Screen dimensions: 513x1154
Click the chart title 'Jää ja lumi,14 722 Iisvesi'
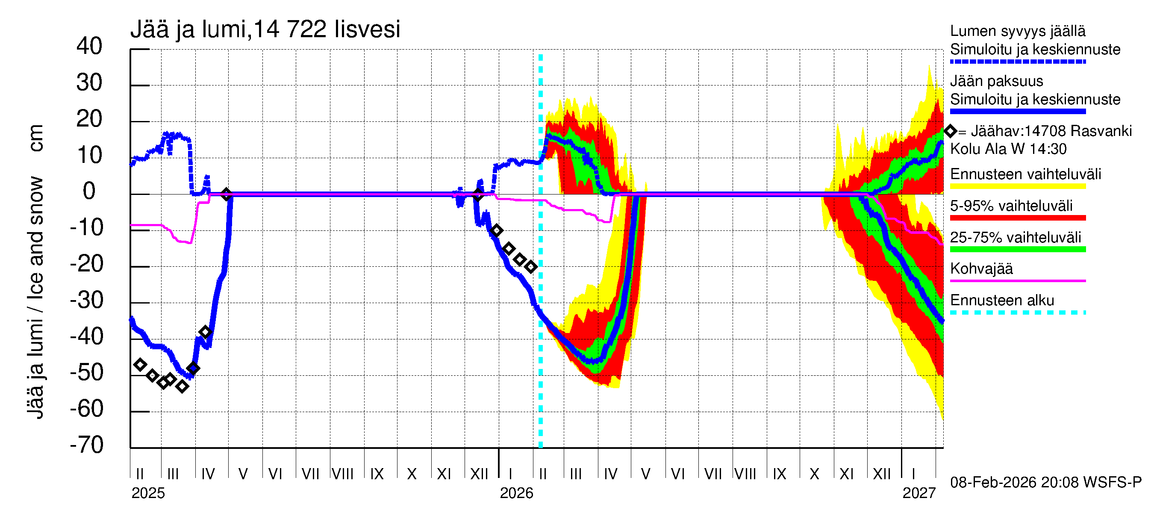pyautogui.click(x=265, y=29)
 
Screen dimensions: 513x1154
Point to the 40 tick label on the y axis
pyautogui.click(x=89, y=46)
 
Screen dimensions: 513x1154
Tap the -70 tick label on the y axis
pyautogui.click(x=86, y=445)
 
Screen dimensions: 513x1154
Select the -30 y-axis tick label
pyautogui.click(x=86, y=300)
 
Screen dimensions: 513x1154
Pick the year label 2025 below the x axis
pyautogui.click(x=148, y=493)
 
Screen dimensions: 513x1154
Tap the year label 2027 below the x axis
pyautogui.click(x=919, y=493)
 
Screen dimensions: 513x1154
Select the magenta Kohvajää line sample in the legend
pyautogui.click(x=1017, y=281)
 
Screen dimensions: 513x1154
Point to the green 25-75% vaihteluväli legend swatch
pyautogui.click(x=1017, y=250)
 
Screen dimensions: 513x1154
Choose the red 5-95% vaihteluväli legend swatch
pyautogui.click(x=1017, y=218)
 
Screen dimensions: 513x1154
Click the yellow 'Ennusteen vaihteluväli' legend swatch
pyautogui.click(x=1017, y=186)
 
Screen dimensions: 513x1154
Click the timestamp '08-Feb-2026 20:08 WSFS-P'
pyautogui.click(x=1045, y=483)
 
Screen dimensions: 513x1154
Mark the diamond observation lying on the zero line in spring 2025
pyautogui.click(x=226, y=194)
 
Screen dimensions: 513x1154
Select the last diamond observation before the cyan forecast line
pyautogui.click(x=531, y=267)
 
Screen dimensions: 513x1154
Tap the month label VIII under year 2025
pyautogui.click(x=343, y=474)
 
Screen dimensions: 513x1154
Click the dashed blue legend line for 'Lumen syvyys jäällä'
pyautogui.click(x=1017, y=62)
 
